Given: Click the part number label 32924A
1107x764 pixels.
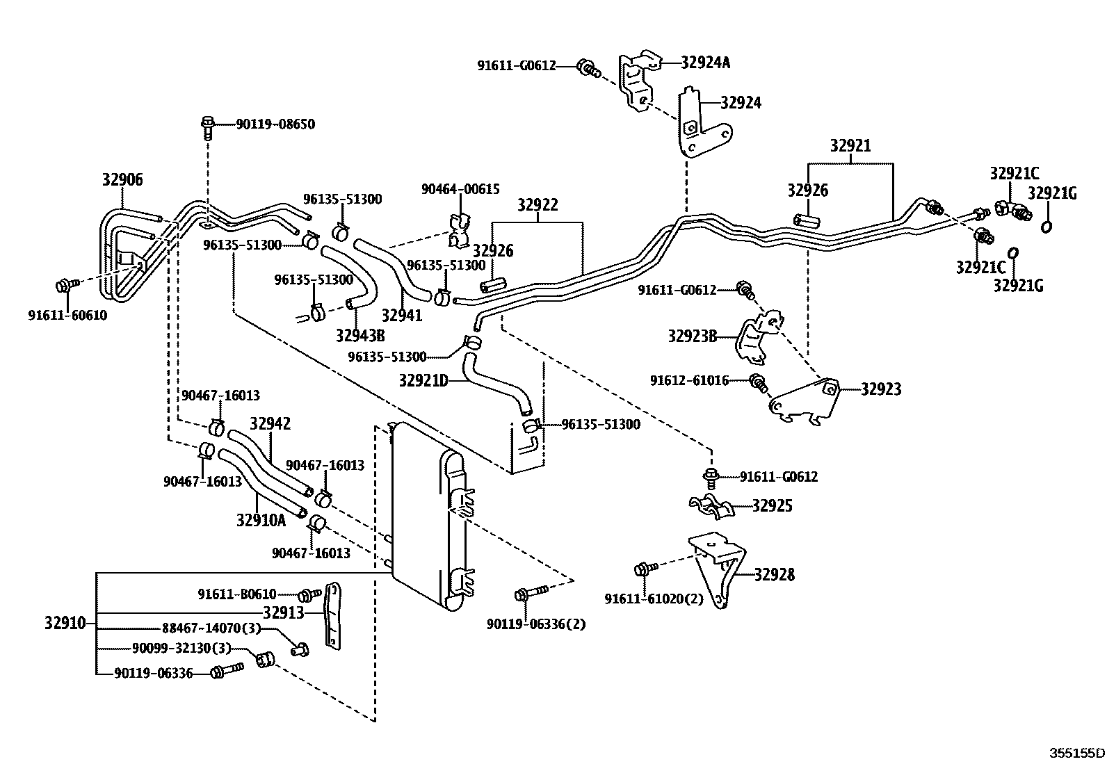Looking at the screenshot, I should click(x=705, y=63).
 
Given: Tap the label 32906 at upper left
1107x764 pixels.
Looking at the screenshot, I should click(x=122, y=180).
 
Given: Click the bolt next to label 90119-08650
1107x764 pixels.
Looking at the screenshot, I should click(x=207, y=127).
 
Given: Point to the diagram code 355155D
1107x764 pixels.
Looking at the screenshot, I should click(x=1076, y=752).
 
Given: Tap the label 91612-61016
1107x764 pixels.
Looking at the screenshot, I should click(x=689, y=381).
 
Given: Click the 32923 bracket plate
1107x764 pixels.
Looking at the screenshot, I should click(x=807, y=401).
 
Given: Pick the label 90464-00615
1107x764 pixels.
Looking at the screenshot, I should click(x=460, y=189).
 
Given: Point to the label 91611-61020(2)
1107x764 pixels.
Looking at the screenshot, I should click(x=654, y=599).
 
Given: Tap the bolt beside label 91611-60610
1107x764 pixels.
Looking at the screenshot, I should click(x=65, y=285).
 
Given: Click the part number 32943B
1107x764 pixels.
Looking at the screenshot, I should click(x=359, y=336).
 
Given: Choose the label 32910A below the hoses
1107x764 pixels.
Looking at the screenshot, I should click(x=261, y=520).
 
